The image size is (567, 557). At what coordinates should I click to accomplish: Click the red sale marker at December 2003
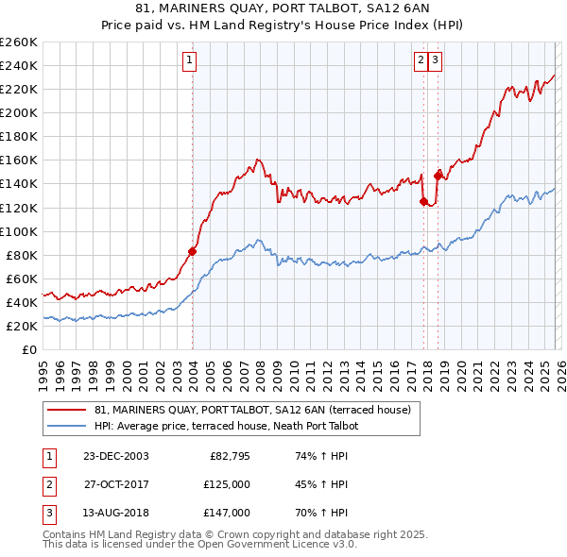pyautogui.click(x=193, y=251)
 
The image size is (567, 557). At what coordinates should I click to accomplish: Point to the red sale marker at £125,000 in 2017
pyautogui.click(x=423, y=201)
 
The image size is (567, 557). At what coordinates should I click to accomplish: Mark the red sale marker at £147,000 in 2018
pyautogui.click(x=438, y=175)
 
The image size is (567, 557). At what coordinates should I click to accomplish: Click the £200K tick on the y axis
pyautogui.click(x=19, y=112)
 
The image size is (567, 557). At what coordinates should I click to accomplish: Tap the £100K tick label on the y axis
pyautogui.click(x=19, y=231)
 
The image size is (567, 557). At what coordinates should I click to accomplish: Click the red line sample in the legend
pyautogui.click(x=66, y=411)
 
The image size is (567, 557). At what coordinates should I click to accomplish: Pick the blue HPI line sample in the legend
pyautogui.click(x=66, y=427)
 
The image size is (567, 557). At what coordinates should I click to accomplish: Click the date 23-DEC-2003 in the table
pyautogui.click(x=115, y=456)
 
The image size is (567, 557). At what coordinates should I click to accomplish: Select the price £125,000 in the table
pyautogui.click(x=228, y=484)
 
